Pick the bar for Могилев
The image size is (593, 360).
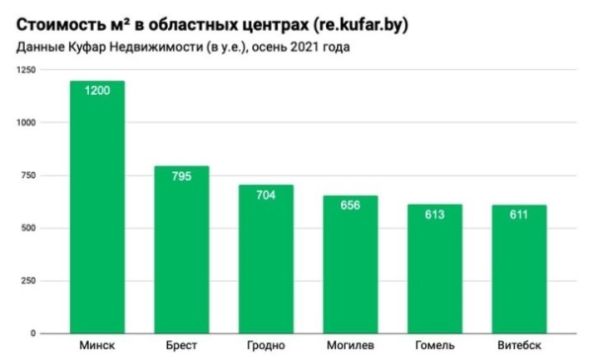pyautogui.click(x=350, y=272)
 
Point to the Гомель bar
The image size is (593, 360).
pyautogui.click(x=434, y=277)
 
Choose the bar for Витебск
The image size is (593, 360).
pyautogui.click(x=519, y=277)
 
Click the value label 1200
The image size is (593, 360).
pyautogui.click(x=97, y=91)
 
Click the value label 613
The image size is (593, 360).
pyautogui.click(x=434, y=215)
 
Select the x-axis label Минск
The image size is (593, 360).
pyautogui.click(x=97, y=346)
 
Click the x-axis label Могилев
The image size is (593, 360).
pyautogui.click(x=350, y=346)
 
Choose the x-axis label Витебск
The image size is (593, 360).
pyautogui.click(x=519, y=346)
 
